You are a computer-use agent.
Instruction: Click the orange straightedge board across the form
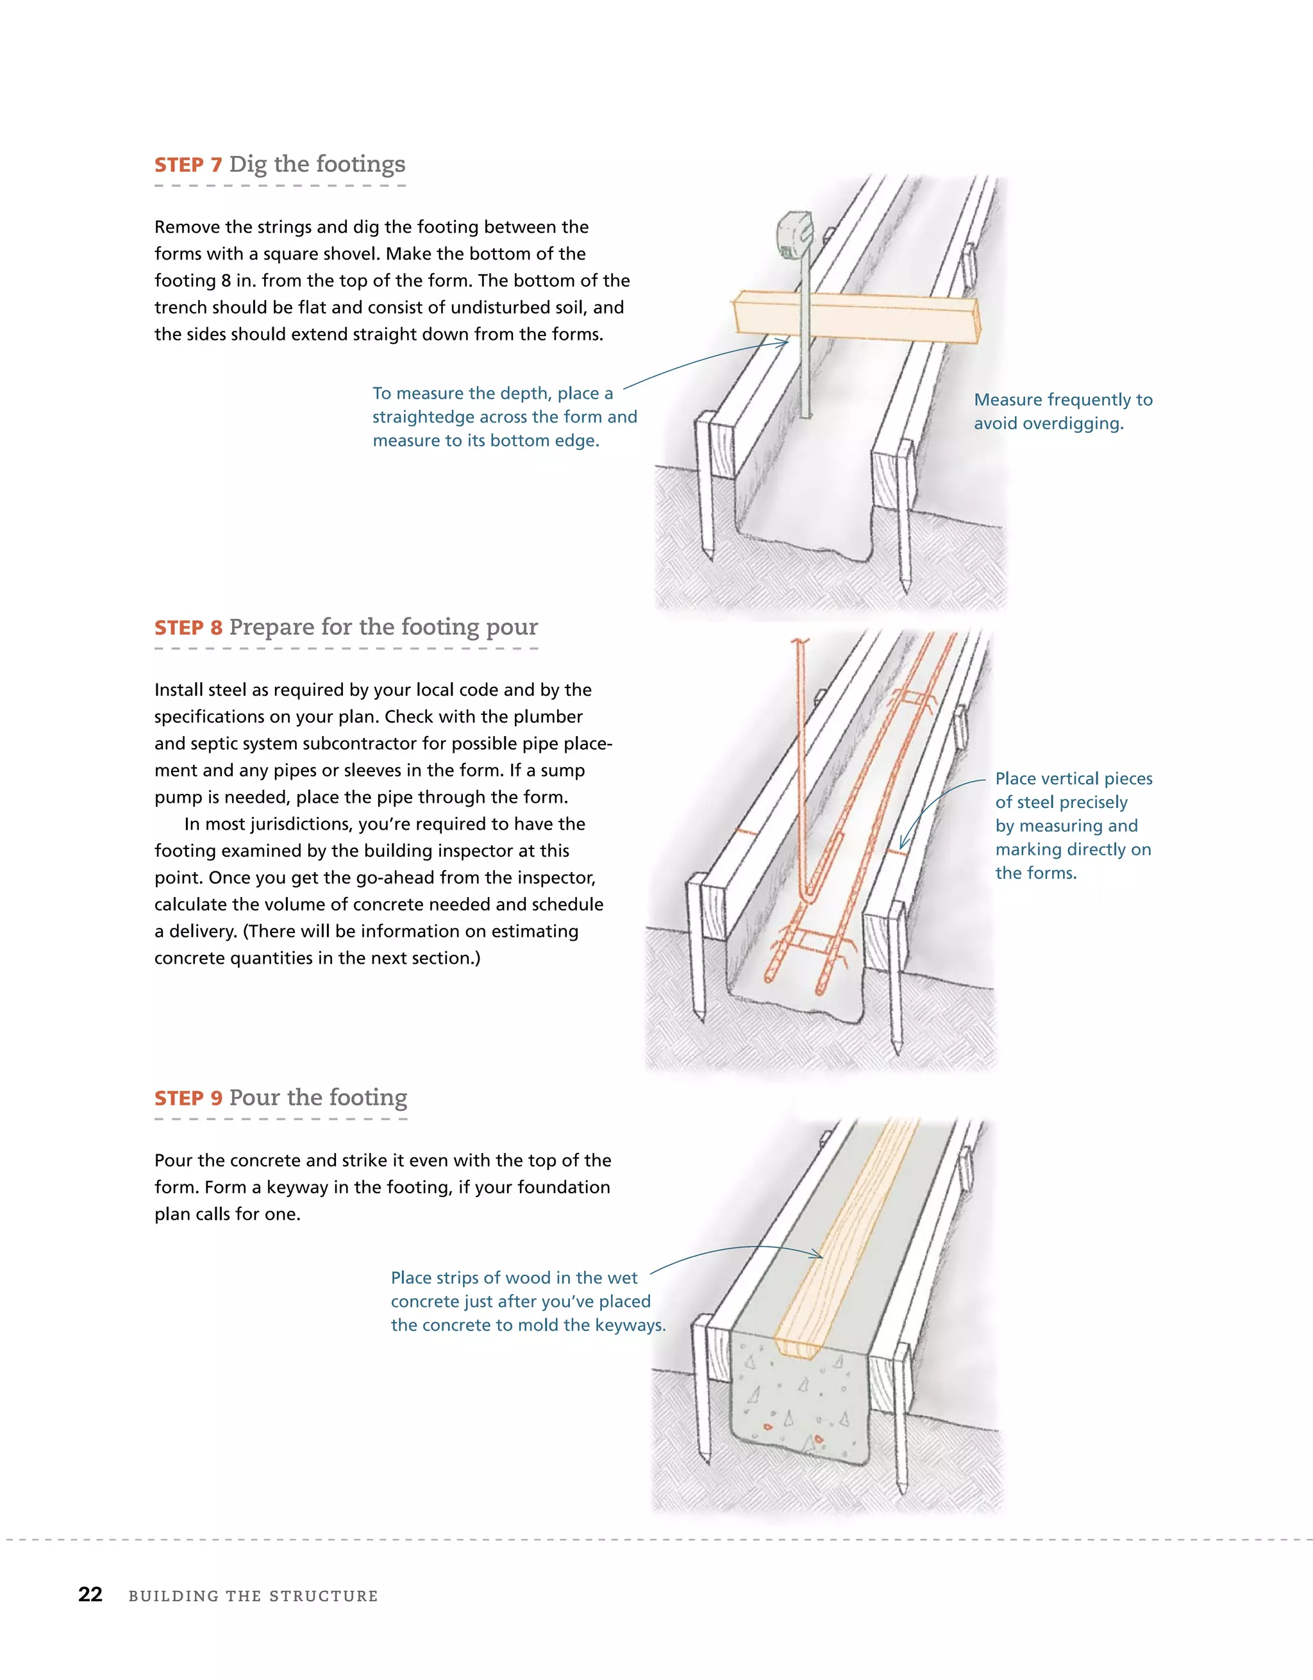tap(855, 315)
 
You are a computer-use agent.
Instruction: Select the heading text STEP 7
tap(188, 165)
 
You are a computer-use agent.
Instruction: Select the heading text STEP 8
tap(188, 628)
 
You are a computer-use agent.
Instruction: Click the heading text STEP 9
tap(188, 1098)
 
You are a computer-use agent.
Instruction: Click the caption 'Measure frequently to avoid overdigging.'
tap(1063, 412)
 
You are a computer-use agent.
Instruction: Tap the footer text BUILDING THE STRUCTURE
tap(253, 1596)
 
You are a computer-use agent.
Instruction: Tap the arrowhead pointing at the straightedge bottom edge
tap(785, 343)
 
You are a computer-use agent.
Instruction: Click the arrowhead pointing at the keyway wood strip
tap(819, 1256)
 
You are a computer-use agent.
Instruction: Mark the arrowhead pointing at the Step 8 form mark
tap(903, 845)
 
